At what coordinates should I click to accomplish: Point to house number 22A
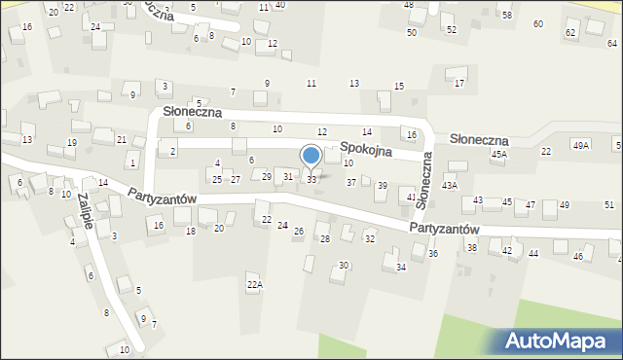pos(255,284)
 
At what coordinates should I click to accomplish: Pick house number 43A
pos(449,185)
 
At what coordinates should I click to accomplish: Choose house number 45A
pos(499,154)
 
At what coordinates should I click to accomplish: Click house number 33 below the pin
pos(311,180)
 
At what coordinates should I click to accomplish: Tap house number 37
pos(350,182)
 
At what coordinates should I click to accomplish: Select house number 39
pos(382,185)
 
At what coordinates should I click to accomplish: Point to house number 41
pos(412,197)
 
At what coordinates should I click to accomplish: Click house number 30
pos(344,266)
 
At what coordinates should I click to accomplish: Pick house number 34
pos(400,268)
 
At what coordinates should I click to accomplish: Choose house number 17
pos(458,84)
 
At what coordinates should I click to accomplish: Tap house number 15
pos(398,87)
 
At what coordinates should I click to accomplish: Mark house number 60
pos(537,23)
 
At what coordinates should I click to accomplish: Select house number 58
pos(506,16)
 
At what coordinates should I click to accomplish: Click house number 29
pos(267,176)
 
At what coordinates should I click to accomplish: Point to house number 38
pos(471,248)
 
